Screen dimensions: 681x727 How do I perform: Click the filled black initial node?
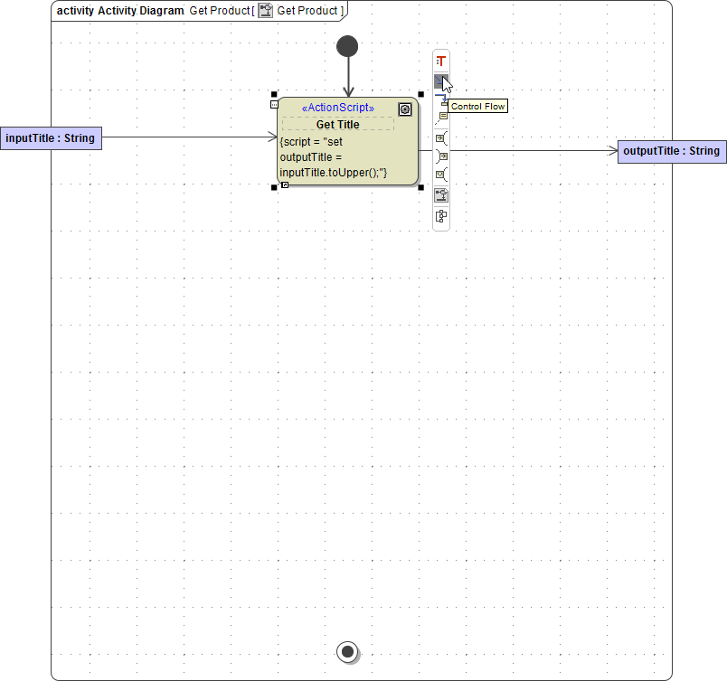click(x=347, y=46)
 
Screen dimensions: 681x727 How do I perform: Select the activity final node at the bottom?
click(x=346, y=650)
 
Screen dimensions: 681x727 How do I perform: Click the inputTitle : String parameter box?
click(x=51, y=138)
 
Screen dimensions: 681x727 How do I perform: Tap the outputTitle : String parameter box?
click(x=671, y=151)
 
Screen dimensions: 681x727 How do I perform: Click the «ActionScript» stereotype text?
click(x=337, y=109)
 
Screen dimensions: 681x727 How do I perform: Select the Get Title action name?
click(x=337, y=124)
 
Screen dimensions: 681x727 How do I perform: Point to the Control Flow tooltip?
click(x=477, y=107)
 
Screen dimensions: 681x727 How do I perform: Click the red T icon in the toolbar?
click(x=441, y=61)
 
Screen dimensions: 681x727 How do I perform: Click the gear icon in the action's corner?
click(x=405, y=109)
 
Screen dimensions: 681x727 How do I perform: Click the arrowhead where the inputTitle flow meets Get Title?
click(x=273, y=137)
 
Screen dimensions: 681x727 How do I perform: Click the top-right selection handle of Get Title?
click(x=420, y=94)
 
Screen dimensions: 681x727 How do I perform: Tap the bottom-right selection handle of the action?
click(x=420, y=187)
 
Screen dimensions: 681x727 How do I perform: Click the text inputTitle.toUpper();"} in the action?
click(x=334, y=172)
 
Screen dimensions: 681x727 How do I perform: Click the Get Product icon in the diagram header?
click(x=266, y=11)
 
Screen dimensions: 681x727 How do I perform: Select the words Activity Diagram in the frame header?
click(x=141, y=11)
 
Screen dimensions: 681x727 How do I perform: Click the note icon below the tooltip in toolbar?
click(x=442, y=117)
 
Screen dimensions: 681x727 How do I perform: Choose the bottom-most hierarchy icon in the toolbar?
click(x=441, y=216)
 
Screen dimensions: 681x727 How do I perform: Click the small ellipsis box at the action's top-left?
click(x=274, y=105)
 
